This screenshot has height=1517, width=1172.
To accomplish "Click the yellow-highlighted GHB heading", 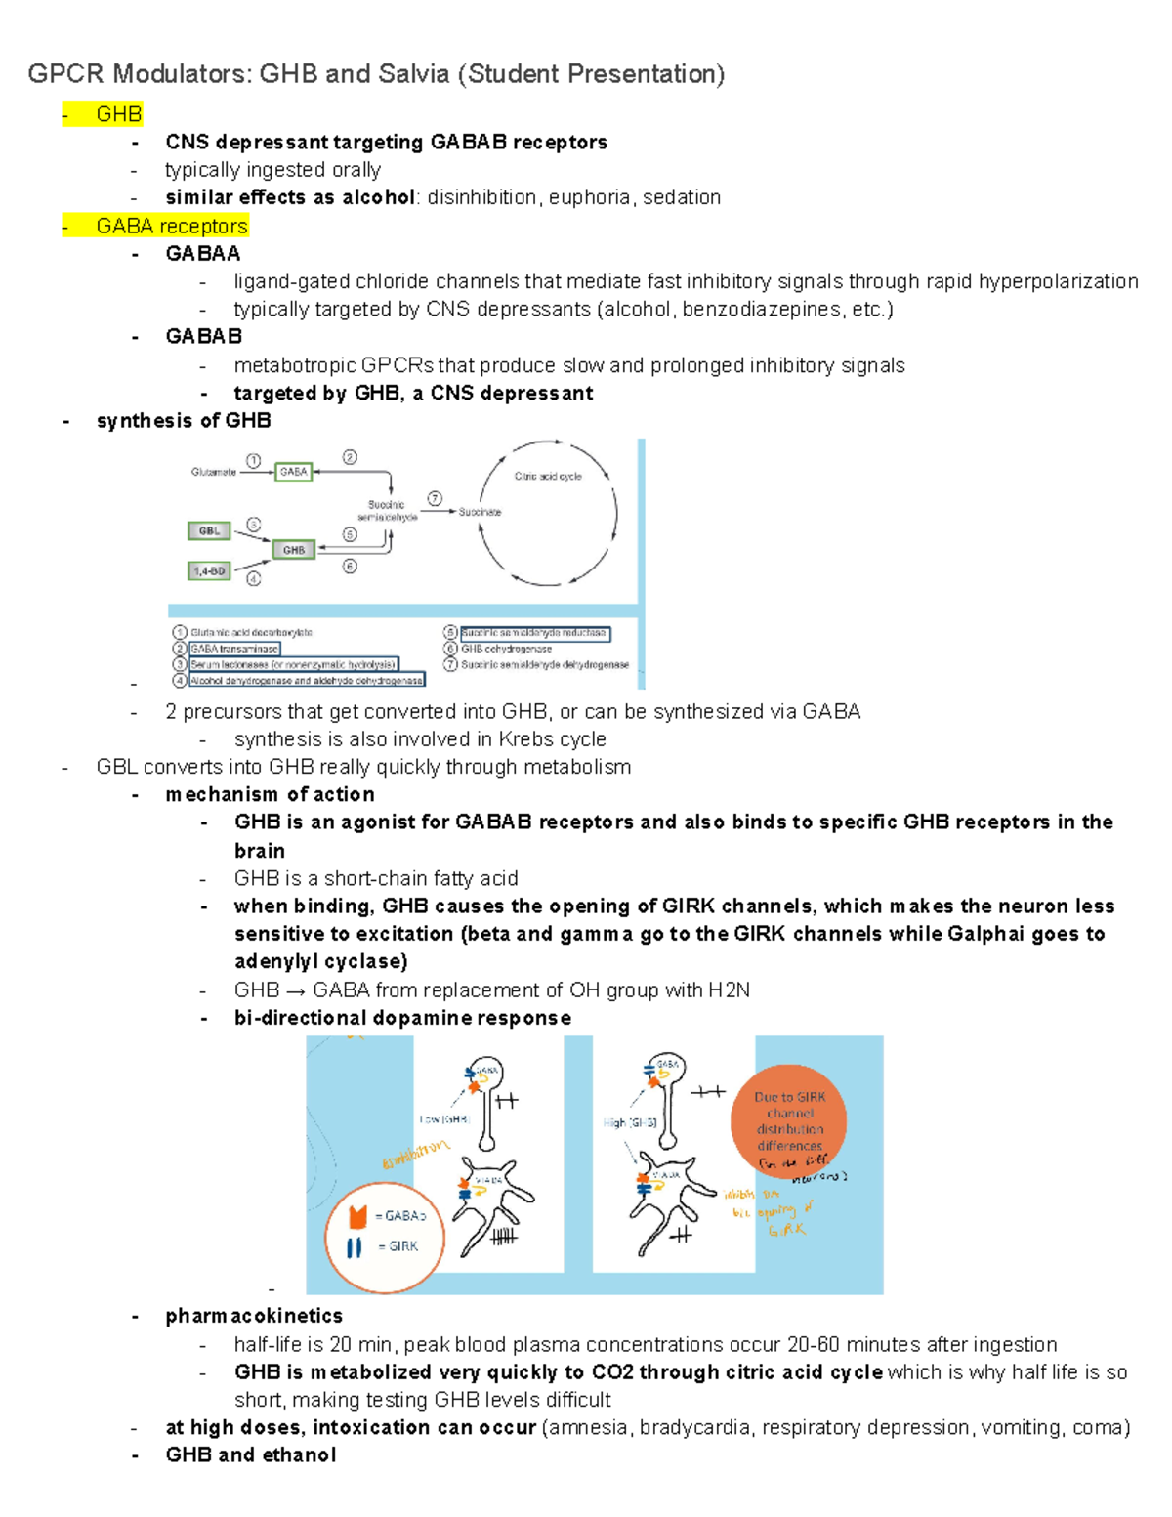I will (118, 114).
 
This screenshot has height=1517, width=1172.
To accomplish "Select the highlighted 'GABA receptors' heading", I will (171, 226).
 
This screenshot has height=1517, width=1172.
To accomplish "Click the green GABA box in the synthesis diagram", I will (293, 472).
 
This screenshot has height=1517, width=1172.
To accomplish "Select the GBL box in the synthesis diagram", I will (209, 531).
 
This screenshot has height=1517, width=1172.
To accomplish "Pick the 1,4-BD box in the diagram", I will (209, 570).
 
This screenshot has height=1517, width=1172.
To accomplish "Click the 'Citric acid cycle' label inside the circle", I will (548, 477).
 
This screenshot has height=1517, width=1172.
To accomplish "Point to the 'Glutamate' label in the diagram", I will (214, 472).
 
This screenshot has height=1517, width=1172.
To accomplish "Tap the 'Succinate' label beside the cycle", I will (480, 512).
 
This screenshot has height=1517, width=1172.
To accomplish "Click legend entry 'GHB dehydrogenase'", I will (506, 649).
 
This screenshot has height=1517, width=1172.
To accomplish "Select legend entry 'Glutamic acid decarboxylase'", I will (251, 633).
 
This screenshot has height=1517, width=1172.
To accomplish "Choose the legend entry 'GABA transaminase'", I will (234, 649).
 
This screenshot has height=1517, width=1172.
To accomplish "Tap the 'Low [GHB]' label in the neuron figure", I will (444, 1119).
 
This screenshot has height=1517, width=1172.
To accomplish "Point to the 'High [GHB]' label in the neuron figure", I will (630, 1122).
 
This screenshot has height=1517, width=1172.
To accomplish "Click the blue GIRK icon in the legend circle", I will (355, 1247).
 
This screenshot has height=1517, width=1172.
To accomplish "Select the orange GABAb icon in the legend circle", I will (357, 1216).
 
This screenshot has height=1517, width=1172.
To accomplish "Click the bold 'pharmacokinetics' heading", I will (254, 1316).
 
